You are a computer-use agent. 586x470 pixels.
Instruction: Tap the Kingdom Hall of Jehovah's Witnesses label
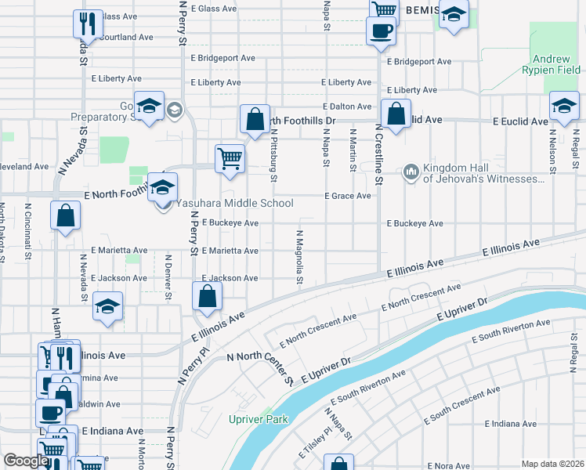(483, 173)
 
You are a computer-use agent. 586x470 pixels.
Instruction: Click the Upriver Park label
(259, 419)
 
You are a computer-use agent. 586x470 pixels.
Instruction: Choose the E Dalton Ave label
(346, 107)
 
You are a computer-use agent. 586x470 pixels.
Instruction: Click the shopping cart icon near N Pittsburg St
(230, 157)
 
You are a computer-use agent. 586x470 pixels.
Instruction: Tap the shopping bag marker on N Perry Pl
(208, 296)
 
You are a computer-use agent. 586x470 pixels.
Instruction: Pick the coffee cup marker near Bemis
(381, 31)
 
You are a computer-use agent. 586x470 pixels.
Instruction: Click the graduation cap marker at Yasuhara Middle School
(162, 187)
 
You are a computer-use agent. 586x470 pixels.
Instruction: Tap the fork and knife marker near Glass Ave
(89, 23)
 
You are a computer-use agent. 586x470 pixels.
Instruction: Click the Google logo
(26, 461)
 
